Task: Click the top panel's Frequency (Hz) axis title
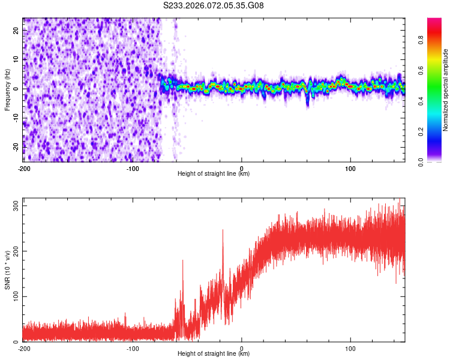coord(7,89)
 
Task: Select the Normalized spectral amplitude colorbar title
coord(446,90)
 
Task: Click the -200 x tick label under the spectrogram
coord(24,167)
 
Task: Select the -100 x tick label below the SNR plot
coord(133,348)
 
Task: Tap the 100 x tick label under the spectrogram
coord(350,167)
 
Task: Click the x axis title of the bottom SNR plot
coord(214,355)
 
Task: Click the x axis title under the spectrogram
coord(214,174)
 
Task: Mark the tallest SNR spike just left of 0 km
coord(223,230)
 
